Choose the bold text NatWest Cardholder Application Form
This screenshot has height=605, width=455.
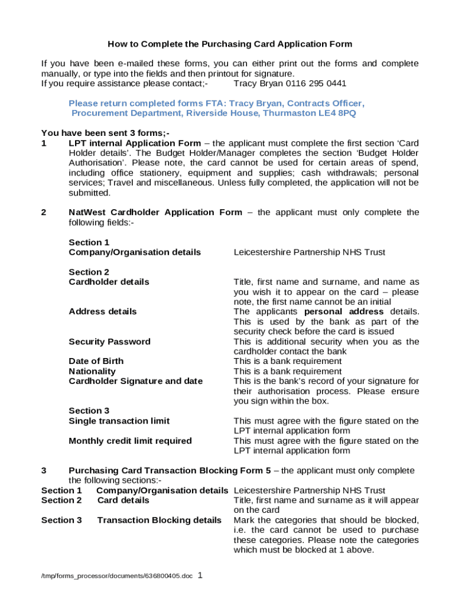coord(155,212)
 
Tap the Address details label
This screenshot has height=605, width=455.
coord(102,311)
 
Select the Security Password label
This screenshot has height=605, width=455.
coord(109,341)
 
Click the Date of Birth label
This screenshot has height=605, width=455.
coord(96,361)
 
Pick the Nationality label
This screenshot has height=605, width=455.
coord(92,371)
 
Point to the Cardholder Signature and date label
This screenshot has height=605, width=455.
coord(135,381)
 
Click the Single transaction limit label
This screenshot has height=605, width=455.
coord(119,421)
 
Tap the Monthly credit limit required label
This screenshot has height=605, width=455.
coord(130,441)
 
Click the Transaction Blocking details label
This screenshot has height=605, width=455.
coord(159,520)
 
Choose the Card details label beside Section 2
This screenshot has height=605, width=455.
coord(123,500)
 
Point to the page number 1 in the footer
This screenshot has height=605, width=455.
coord(200,574)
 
